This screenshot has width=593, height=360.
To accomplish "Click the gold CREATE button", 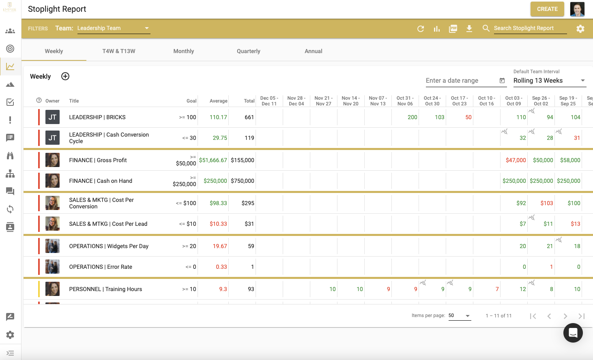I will click(547, 9).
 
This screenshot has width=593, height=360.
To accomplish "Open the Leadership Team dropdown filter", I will click(114, 28).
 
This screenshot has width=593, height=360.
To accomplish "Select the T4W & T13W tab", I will click(119, 51).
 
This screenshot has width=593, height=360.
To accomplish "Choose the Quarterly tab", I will click(248, 51).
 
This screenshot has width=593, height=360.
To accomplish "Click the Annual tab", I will click(313, 51).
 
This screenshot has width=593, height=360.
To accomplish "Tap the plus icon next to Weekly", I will click(65, 76).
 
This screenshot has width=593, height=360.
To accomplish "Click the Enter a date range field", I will click(462, 81).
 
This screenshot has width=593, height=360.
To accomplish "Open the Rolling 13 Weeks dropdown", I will click(549, 81).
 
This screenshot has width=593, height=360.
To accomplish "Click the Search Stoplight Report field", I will click(529, 28).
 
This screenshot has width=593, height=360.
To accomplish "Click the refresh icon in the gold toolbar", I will click(421, 29).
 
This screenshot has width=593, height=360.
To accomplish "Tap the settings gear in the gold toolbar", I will click(580, 29).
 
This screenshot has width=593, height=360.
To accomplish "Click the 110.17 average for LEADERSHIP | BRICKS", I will click(218, 117).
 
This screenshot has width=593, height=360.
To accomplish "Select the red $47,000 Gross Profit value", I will click(516, 160).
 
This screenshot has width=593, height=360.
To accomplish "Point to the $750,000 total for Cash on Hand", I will click(243, 181).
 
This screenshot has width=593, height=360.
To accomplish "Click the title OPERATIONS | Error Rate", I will click(101, 267).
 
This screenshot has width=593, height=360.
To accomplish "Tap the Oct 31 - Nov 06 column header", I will click(405, 101).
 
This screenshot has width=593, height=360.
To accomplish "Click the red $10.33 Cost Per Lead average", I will click(218, 224).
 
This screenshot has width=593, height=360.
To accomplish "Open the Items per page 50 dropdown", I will click(460, 316).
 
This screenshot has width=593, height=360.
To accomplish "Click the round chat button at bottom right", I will click(573, 333).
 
